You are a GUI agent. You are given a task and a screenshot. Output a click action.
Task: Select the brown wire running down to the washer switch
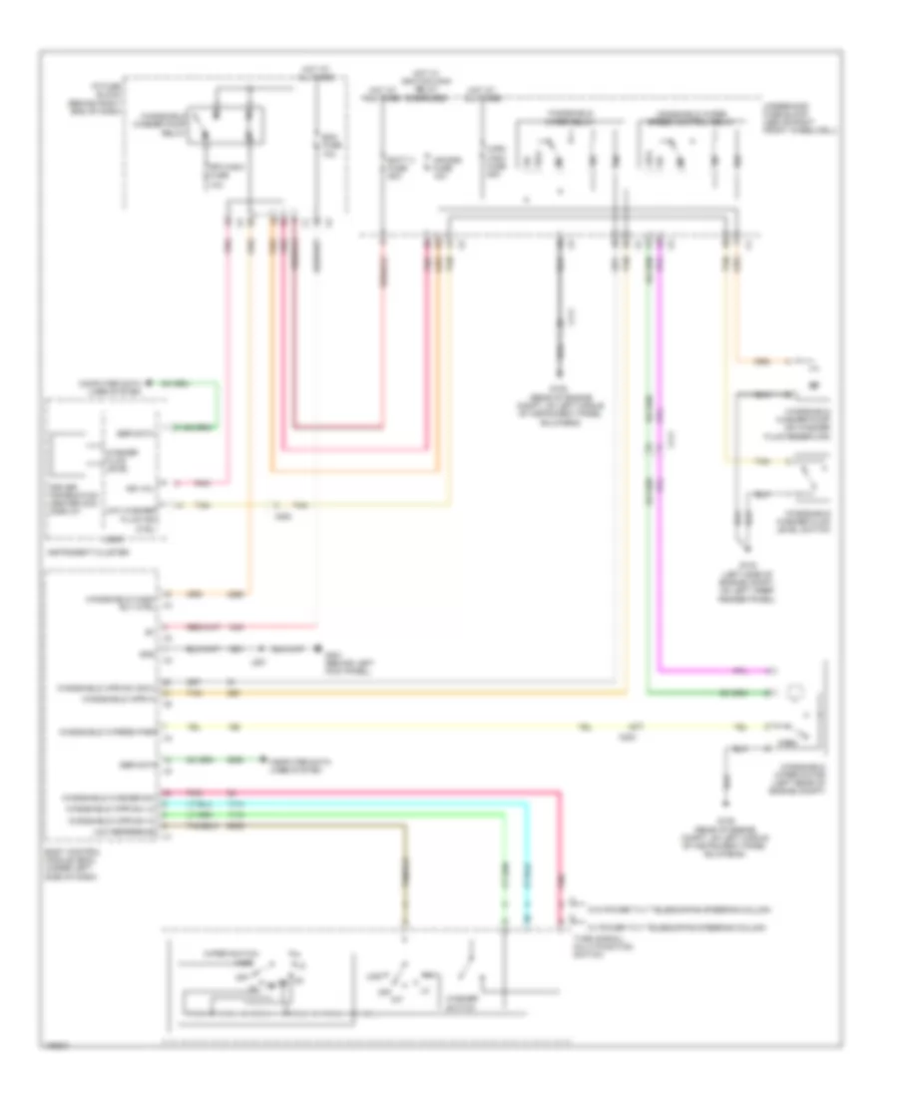(x=404, y=868)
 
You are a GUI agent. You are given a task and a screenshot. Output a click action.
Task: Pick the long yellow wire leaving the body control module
(x=449, y=727)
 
